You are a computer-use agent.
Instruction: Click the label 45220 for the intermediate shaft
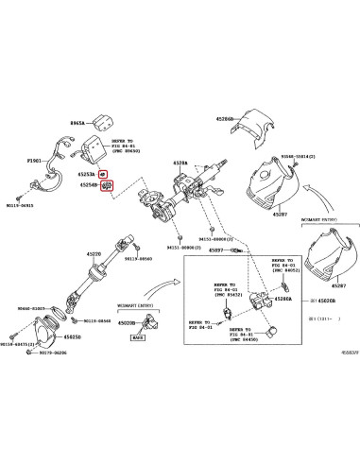tap(94, 253)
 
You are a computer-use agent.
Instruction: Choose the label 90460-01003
tap(32, 309)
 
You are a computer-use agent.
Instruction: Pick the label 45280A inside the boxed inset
tap(282, 298)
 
